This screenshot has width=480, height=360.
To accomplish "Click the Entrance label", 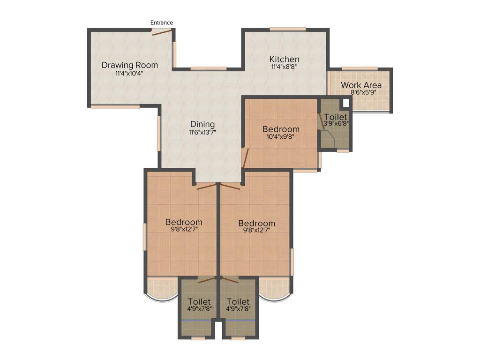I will pos(162,22).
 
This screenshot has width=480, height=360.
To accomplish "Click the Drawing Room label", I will pos(130,65).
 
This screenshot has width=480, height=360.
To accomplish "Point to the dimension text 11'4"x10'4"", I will pos(129,73).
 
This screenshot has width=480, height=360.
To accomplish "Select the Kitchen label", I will pos(284,60).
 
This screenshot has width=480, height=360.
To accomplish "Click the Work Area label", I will pos(361,85).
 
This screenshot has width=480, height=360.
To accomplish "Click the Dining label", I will pos(202,124).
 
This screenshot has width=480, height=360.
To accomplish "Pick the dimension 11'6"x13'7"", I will pos(202,132).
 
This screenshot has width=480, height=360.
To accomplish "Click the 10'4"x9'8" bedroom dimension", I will pos(281,137).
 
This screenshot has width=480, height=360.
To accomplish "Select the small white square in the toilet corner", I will pos(346,103).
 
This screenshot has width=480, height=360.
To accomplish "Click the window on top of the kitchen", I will pos(288,30).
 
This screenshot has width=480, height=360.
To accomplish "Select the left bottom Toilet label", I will pos(199,301).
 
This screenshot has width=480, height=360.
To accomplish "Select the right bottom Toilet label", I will pos(238,301).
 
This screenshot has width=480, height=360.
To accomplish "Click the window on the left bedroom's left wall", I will pos(145,237).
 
